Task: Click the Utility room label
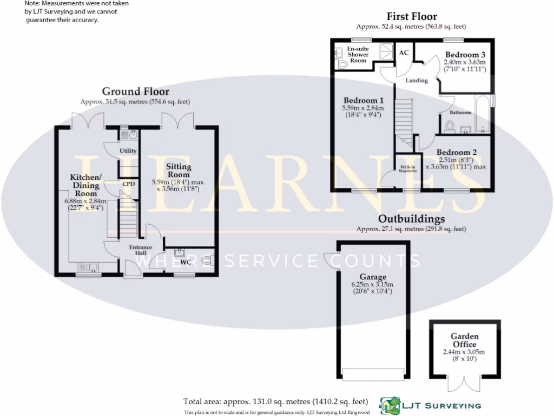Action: tap(128, 151)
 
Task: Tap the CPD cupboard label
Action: tap(129, 184)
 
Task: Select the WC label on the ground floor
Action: tap(186, 262)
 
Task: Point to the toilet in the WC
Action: tap(207, 261)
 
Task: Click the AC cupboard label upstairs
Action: tap(404, 53)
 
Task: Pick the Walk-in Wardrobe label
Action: tap(408, 169)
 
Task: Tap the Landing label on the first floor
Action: tap(417, 80)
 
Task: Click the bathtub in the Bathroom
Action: tap(482, 114)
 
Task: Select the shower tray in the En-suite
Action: tap(386, 51)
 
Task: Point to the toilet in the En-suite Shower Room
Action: tap(342, 64)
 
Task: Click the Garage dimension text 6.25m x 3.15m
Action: tap(372, 284)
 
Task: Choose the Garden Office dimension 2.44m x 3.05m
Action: tap(464, 352)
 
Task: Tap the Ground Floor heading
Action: tap(136, 91)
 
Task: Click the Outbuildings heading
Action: tap(412, 219)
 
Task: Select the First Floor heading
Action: tap(412, 16)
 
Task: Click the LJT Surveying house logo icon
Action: tap(390, 406)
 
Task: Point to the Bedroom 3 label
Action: tap(465, 55)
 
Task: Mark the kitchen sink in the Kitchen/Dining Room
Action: tap(88, 268)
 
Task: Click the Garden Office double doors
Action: tap(464, 383)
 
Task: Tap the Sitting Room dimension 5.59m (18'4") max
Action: tap(177, 182)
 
